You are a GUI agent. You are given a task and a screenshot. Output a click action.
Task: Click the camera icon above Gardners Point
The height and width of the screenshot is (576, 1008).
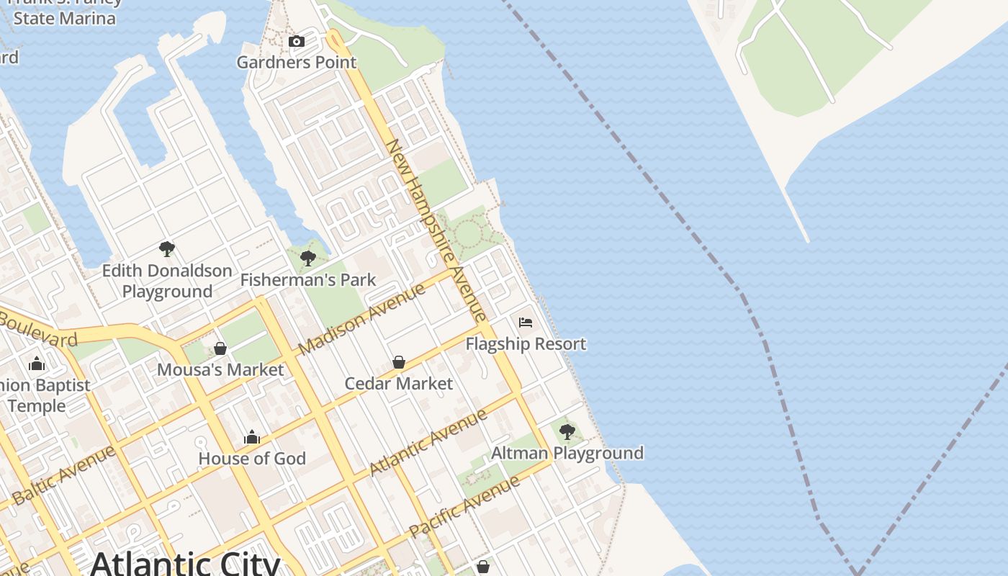pos(296,42)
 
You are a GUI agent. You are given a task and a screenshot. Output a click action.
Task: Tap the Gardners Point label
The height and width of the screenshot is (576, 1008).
pos(297,62)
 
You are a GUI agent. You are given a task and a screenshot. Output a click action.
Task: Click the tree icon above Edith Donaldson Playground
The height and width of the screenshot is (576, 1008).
pos(167,250)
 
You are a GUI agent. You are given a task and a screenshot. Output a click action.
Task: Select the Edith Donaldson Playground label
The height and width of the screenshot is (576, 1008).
pos(167,281)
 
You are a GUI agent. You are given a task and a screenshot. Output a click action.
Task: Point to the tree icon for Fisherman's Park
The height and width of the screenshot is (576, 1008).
pos(308,258)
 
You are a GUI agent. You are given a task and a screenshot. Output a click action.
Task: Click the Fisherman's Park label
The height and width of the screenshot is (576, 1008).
pos(308,280)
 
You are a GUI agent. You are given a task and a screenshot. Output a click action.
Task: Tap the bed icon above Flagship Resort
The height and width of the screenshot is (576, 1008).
pos(526,323)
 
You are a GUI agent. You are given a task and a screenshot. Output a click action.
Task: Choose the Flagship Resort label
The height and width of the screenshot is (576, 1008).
pos(526,344)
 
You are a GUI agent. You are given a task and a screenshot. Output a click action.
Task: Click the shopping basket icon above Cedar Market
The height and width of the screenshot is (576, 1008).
pos(398,362)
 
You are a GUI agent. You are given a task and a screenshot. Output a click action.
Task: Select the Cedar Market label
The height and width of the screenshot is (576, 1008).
pos(398,384)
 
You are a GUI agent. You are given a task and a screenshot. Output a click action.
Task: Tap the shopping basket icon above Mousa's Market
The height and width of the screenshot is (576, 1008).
pos(220,348)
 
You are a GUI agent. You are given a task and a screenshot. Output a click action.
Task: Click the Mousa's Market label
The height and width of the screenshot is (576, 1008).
pos(220,370)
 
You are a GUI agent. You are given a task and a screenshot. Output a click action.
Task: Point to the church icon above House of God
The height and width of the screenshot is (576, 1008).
pos(251,437)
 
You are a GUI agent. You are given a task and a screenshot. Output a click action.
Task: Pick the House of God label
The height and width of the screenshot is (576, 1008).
pos(251,459)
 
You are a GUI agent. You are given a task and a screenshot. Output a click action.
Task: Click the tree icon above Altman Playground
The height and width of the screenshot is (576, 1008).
pos(567,432)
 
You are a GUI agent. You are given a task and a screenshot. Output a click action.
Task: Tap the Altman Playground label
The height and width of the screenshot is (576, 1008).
pos(567,454)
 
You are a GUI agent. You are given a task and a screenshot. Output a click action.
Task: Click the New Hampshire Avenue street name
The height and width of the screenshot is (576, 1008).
pos(437,230)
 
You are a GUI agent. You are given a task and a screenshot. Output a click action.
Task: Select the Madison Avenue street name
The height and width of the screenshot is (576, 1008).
pos(362,318)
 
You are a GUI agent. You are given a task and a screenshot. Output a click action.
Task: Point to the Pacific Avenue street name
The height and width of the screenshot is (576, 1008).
pos(464,507)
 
